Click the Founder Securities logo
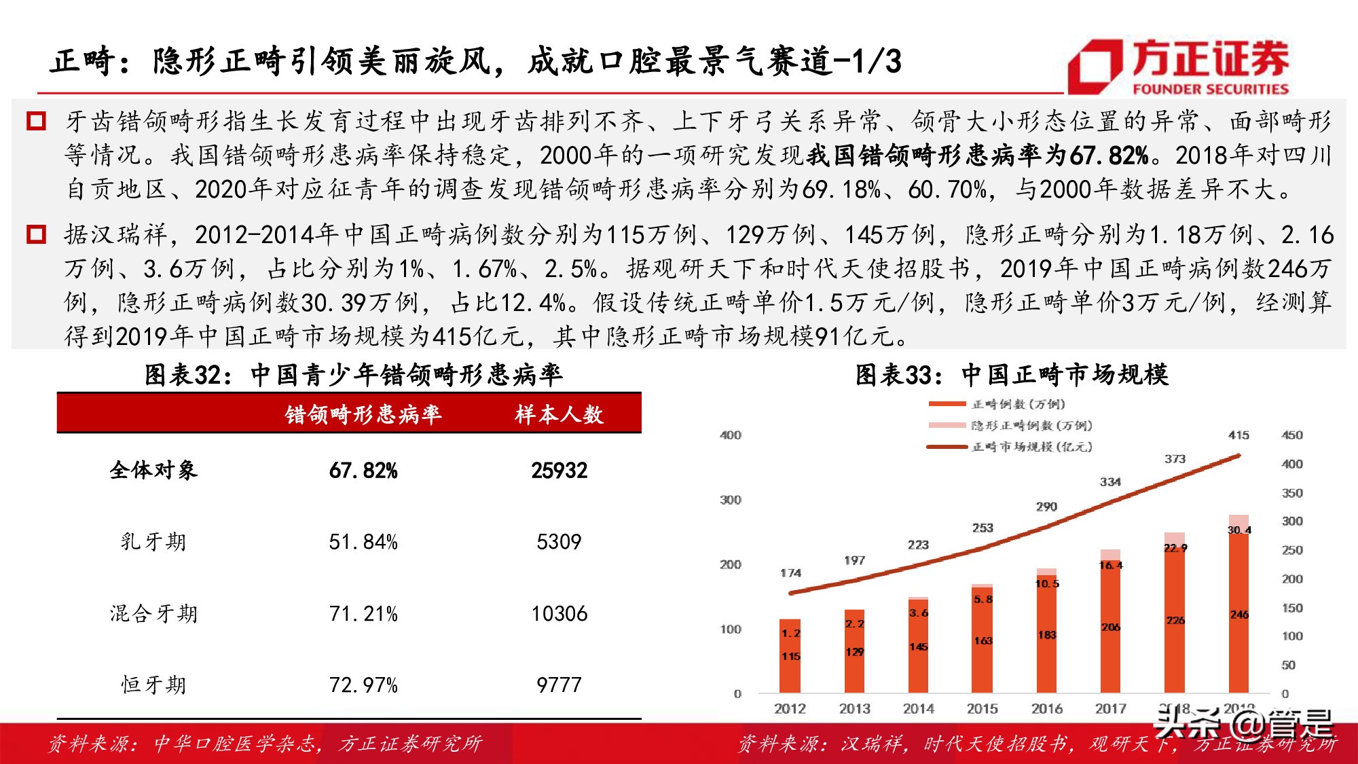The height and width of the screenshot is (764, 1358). (x=1178, y=67)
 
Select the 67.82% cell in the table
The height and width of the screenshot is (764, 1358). (x=363, y=471)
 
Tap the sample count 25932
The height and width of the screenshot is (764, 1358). (x=559, y=471)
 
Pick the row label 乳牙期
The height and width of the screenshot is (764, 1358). (x=153, y=542)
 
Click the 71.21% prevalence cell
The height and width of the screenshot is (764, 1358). (x=363, y=614)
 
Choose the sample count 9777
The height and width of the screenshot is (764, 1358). (x=559, y=685)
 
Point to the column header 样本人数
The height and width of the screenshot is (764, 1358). (x=559, y=414)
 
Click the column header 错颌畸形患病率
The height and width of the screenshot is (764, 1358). (x=363, y=414)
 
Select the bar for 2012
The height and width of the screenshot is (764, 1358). (x=790, y=655)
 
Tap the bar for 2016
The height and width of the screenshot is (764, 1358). (x=1047, y=632)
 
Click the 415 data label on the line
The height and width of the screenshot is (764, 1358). (x=1238, y=435)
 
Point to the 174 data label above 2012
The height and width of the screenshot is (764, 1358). (x=791, y=573)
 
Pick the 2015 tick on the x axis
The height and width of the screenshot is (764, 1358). (x=983, y=709)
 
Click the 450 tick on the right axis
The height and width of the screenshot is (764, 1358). (x=1292, y=435)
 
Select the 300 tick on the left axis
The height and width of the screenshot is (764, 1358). (x=731, y=501)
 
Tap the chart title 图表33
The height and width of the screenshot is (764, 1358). (x=1012, y=375)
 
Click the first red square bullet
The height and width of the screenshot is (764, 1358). (x=36, y=122)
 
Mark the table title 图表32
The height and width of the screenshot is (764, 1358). (x=353, y=375)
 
